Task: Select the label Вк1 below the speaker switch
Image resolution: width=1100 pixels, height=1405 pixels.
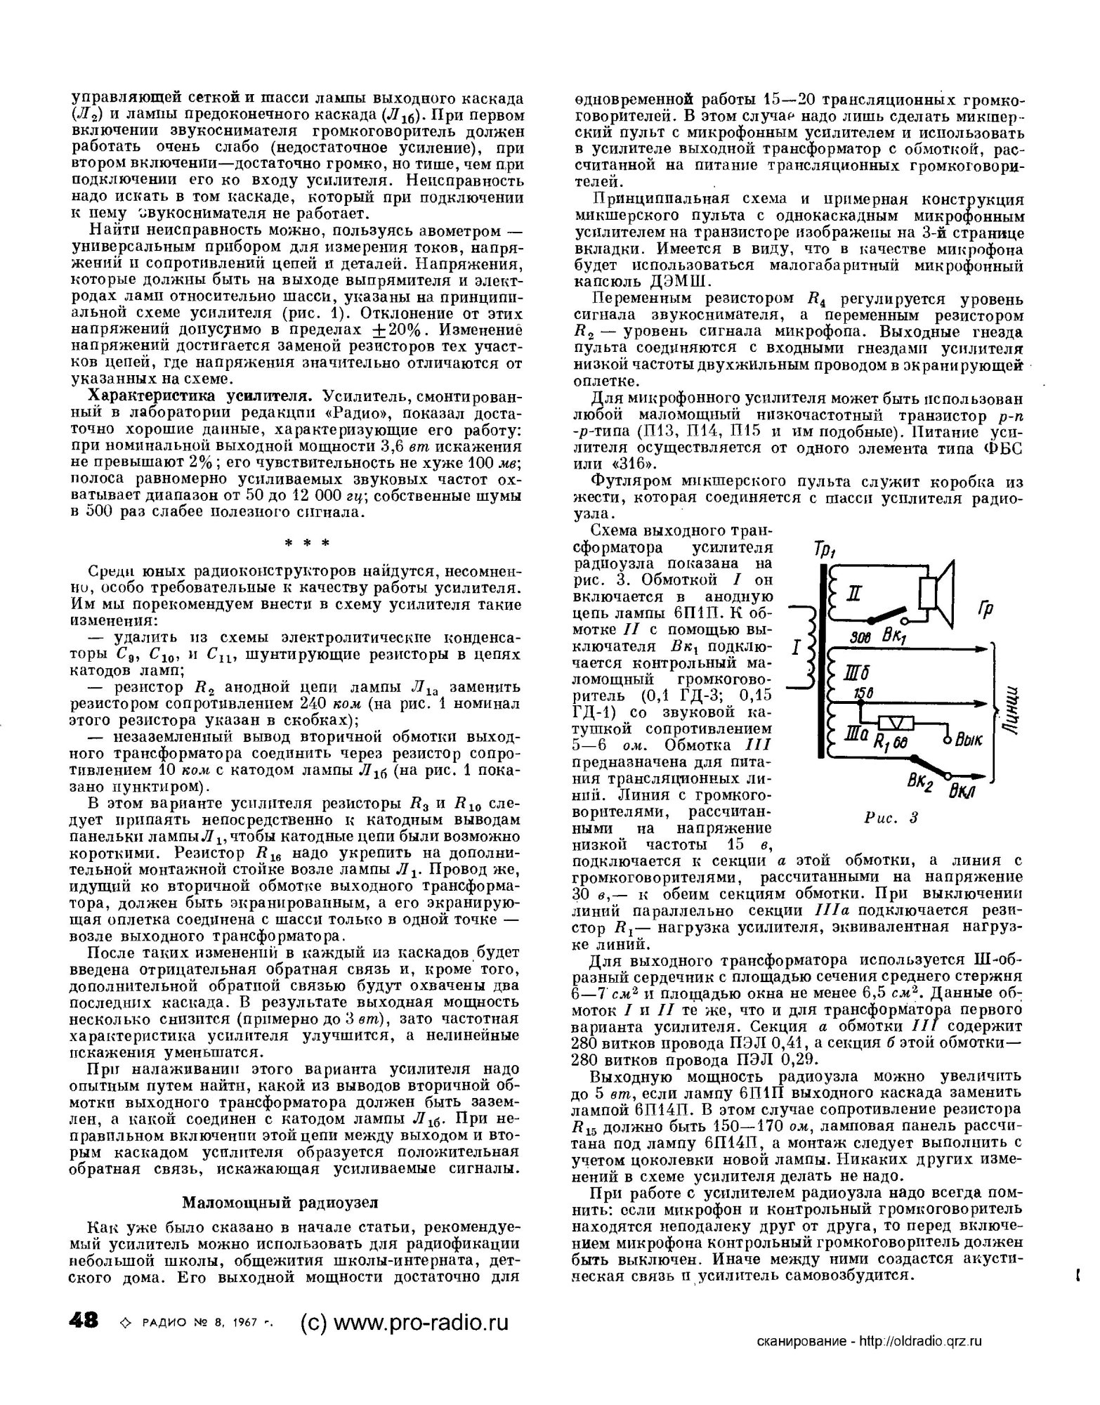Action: pyautogui.click(x=896, y=638)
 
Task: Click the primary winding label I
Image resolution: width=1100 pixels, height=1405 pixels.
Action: pyautogui.click(x=796, y=648)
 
